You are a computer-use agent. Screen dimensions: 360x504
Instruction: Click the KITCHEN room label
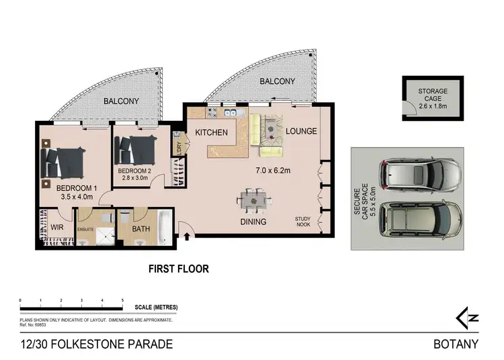[x=212, y=132]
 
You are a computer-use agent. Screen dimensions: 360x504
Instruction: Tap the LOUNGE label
[x=300, y=131]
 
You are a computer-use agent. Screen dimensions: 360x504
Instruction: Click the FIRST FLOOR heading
[x=178, y=269]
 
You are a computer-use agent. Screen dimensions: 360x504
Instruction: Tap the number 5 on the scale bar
[x=122, y=300]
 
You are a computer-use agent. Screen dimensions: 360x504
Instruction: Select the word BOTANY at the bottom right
[x=456, y=345]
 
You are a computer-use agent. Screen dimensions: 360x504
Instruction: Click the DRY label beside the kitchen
[x=178, y=146]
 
